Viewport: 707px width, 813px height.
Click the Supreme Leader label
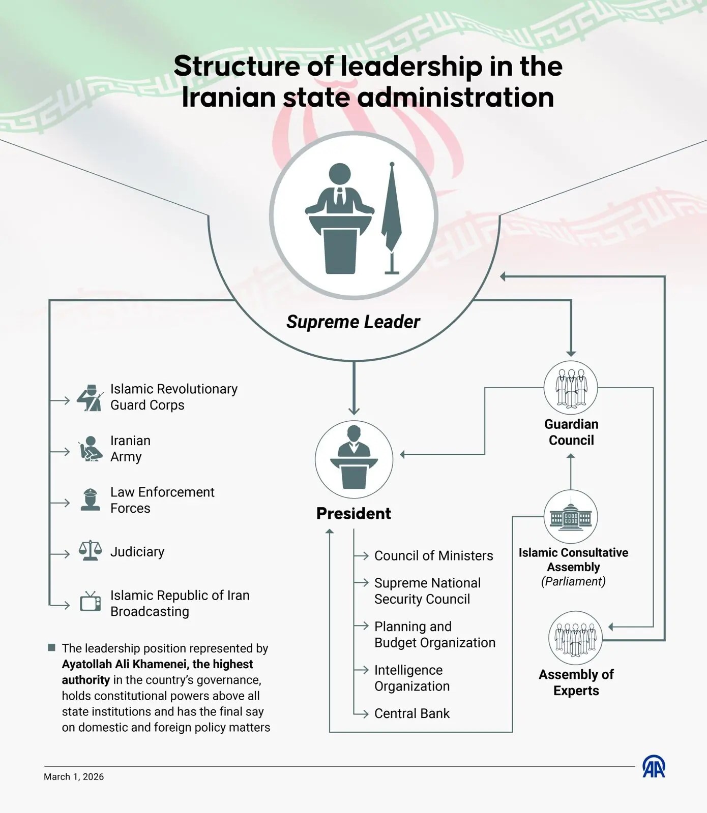coord(353,322)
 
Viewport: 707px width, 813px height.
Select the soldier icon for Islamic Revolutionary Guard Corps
coord(90,397)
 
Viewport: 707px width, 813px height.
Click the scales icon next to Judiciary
coord(90,550)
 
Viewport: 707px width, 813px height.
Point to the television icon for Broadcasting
coord(90,602)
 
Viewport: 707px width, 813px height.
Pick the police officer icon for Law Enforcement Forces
coord(91,499)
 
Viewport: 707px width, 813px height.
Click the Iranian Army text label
coord(130,449)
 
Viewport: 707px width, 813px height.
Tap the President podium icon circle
coord(354,459)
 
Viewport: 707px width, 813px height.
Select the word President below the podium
coord(353,514)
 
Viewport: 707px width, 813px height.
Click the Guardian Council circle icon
coord(571,388)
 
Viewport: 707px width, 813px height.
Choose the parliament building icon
coord(571,517)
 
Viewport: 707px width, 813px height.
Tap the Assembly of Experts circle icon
coord(575,638)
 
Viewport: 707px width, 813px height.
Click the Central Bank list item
coord(412,713)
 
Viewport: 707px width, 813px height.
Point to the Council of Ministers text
coord(433,556)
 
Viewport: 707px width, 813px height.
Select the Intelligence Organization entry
coord(411,678)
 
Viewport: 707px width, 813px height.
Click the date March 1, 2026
coord(74,777)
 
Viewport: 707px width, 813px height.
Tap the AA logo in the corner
coord(654,767)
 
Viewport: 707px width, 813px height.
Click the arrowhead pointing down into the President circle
coord(354,411)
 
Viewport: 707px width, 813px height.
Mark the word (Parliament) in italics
coord(573,581)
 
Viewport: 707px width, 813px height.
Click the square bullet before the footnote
coord(51,647)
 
